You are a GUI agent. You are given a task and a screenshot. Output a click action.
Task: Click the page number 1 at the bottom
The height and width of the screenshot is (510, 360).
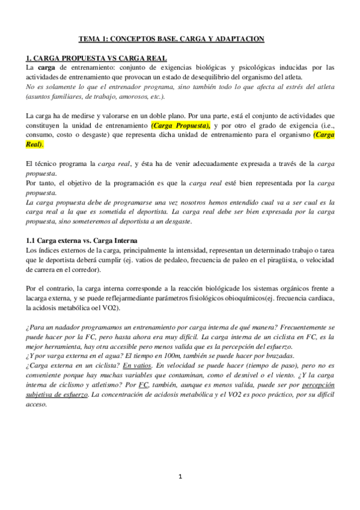180,476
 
